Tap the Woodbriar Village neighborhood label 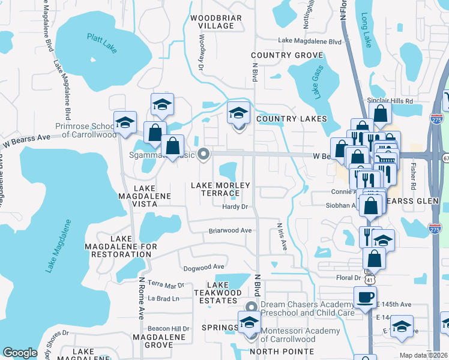point(215,22)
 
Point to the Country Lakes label point(292,119)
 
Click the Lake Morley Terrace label point(220,190)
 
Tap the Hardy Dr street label point(235,207)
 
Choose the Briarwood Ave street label point(230,230)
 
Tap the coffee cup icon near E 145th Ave point(364,296)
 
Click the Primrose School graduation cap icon point(125,122)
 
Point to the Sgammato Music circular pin point(203,154)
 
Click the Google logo point(20,353)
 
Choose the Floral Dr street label point(348,278)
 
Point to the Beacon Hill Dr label point(169,329)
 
